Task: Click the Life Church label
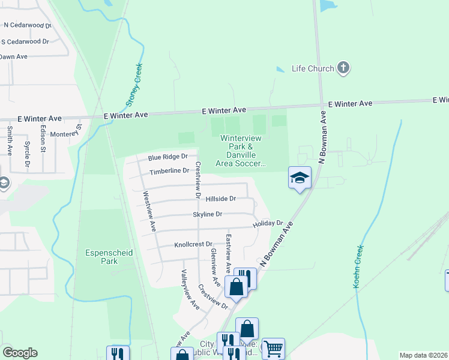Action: (312, 68)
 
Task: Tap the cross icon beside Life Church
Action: (343, 67)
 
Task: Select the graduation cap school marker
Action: (300, 178)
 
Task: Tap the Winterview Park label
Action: (243, 150)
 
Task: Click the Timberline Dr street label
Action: (169, 171)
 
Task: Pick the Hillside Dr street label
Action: (220, 199)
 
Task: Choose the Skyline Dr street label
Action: (208, 214)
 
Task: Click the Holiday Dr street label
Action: (267, 224)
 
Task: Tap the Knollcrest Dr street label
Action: (193, 245)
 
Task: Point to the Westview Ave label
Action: (149, 211)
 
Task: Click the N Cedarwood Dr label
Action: (26, 25)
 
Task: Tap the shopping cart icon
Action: (273, 348)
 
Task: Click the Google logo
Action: (20, 353)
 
